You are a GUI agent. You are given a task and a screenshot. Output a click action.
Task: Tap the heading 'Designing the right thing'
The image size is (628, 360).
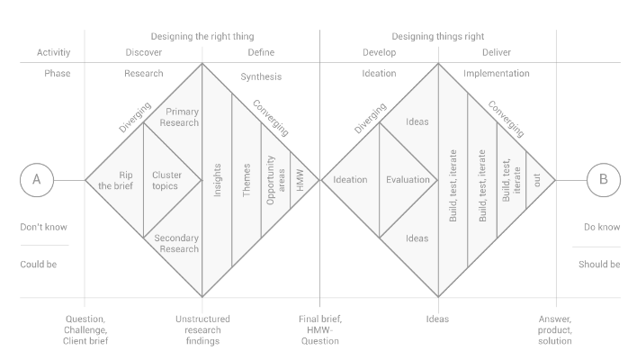click(202, 36)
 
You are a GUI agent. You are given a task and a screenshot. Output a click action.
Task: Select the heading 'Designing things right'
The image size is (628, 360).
click(438, 36)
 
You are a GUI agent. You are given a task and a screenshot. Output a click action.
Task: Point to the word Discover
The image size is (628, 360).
click(144, 52)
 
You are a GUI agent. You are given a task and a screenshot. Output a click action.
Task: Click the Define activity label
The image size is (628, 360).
click(261, 52)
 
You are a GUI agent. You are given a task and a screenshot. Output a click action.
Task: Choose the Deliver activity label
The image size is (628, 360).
click(497, 52)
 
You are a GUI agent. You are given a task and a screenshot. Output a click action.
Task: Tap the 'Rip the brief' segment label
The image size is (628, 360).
click(116, 180)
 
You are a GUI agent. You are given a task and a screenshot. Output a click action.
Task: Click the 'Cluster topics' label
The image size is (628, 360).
click(166, 180)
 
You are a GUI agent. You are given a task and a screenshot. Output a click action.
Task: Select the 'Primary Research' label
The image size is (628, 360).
click(179, 117)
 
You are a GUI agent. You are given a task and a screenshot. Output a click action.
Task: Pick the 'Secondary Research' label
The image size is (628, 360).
click(176, 244)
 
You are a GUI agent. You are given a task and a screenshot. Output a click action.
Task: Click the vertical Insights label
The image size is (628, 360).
click(217, 180)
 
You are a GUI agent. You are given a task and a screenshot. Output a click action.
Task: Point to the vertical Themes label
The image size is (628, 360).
click(247, 180)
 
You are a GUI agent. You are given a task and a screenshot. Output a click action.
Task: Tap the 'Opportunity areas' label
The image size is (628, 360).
click(276, 180)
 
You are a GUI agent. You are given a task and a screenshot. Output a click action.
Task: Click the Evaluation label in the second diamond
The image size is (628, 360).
click(408, 180)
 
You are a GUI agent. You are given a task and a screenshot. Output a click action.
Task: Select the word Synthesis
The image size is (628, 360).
click(261, 76)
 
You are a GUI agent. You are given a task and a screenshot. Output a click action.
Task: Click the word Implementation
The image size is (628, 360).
click(497, 73)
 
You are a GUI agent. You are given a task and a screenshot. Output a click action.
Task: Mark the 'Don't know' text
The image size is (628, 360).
click(44, 227)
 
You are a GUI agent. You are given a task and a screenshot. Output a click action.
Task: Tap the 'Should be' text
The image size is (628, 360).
click(599, 265)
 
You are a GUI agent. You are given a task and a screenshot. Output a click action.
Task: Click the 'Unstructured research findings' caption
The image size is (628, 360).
click(202, 330)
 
